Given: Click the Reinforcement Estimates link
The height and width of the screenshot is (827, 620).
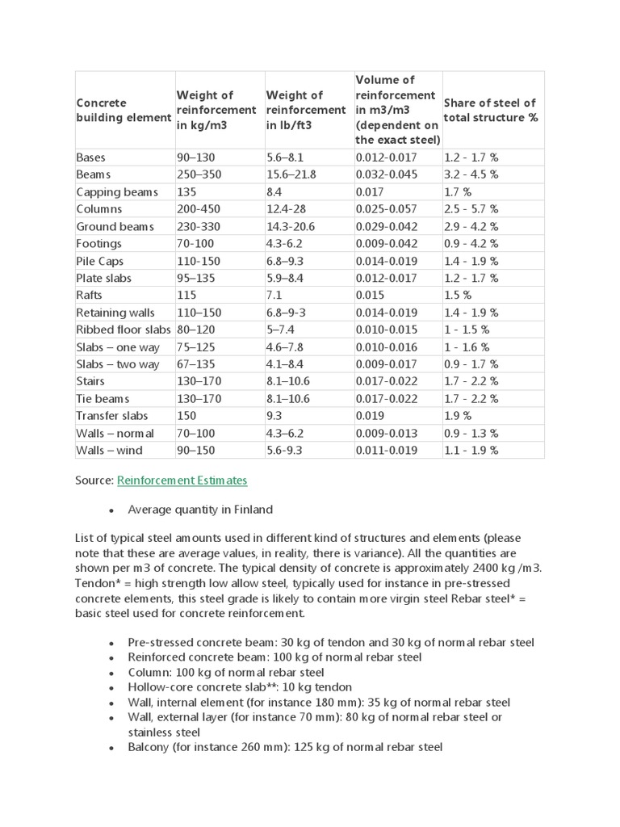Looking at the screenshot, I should point(182,480).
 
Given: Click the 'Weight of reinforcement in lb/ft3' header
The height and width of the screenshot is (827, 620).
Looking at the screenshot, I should point(305,110).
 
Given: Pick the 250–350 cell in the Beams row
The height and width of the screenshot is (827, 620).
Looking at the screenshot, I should point(198,174).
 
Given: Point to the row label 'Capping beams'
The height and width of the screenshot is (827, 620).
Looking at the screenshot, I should point(116,192).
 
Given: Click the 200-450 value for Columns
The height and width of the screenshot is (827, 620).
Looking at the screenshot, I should point(199,209).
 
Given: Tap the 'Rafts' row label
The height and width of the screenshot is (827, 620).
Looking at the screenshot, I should point(90,296).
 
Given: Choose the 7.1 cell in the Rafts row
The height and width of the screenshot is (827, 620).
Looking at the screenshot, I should point(275,296).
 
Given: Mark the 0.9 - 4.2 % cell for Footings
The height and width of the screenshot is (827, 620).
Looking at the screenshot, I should point(471,244).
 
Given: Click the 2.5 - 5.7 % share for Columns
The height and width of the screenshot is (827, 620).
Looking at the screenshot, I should point(471,209).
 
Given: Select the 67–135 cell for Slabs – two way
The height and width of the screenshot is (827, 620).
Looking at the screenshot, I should point(196,364).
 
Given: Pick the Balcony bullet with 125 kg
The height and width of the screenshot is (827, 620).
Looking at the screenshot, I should point(285,748).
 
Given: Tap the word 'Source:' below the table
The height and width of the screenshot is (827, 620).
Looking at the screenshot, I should point(94,480).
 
